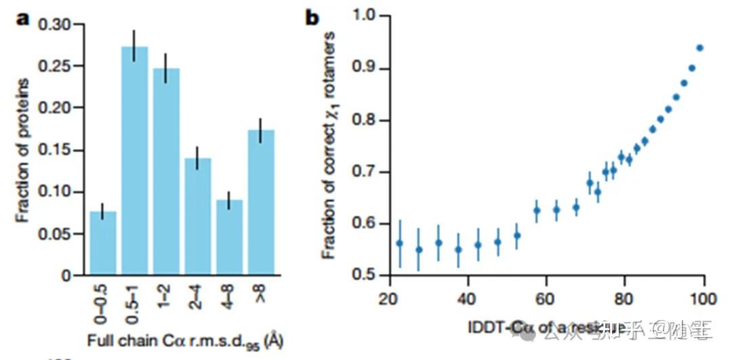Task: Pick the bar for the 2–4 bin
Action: [x=199, y=216]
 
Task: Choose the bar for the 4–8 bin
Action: [x=228, y=237]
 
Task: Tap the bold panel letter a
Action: [x=23, y=18]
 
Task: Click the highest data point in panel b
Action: [x=699, y=47]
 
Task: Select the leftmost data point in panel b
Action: [x=400, y=243]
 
